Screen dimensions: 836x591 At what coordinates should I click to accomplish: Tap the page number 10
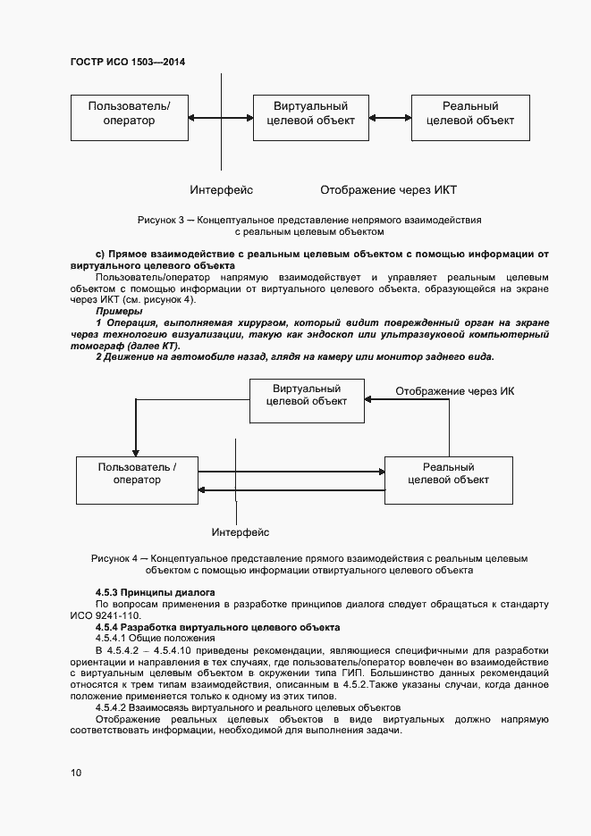pyautogui.click(x=76, y=773)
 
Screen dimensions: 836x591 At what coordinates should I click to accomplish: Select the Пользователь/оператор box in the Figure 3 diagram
pyautogui.click(x=129, y=115)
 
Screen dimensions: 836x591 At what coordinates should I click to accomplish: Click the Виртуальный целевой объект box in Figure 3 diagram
pyautogui.click(x=310, y=115)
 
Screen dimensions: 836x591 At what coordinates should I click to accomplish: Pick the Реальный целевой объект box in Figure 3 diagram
pyautogui.click(x=470, y=115)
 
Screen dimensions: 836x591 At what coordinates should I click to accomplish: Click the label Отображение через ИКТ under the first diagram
pyautogui.click(x=389, y=190)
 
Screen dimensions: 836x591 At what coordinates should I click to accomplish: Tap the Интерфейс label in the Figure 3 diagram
pyautogui.click(x=221, y=190)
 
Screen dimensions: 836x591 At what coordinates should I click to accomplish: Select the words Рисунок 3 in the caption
pyautogui.click(x=161, y=219)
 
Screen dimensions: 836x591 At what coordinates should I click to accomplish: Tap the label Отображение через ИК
pyautogui.click(x=455, y=392)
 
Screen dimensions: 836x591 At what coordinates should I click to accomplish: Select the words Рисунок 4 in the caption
pyautogui.click(x=114, y=558)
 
